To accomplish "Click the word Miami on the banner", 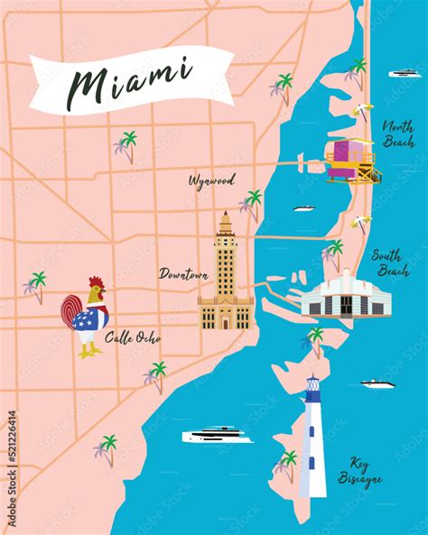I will click(x=131, y=79).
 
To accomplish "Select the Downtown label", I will click(x=184, y=272).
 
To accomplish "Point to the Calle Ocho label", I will click(x=134, y=338).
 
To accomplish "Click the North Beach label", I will click(x=398, y=134).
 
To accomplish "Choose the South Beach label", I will click(x=390, y=263).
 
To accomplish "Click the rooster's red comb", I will click(x=97, y=285).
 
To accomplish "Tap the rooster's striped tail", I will click(x=72, y=311).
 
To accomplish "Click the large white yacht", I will click(x=218, y=436).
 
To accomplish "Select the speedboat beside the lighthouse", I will click(x=378, y=384).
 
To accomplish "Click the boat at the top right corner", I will click(x=403, y=72).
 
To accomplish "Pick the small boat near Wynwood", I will click(x=303, y=209).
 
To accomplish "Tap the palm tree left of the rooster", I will click(x=35, y=285).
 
